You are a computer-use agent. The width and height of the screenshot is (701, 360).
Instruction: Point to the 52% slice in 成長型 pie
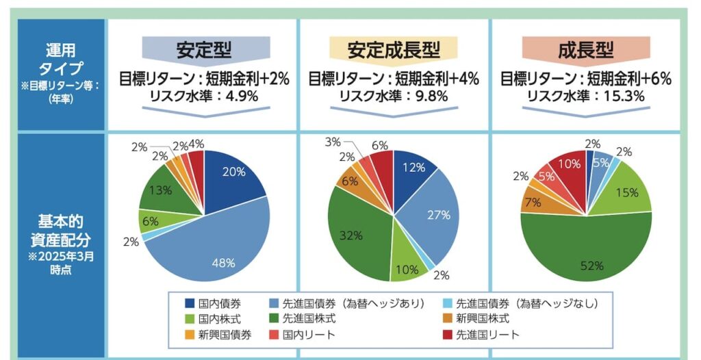coord(586,257)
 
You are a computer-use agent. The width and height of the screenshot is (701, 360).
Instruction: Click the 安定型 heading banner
coord(204,50)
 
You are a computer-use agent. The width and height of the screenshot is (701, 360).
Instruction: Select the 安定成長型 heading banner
coord(393,50)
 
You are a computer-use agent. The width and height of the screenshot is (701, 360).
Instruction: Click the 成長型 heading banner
coord(585,50)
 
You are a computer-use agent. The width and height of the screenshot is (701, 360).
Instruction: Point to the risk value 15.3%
coord(620,96)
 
